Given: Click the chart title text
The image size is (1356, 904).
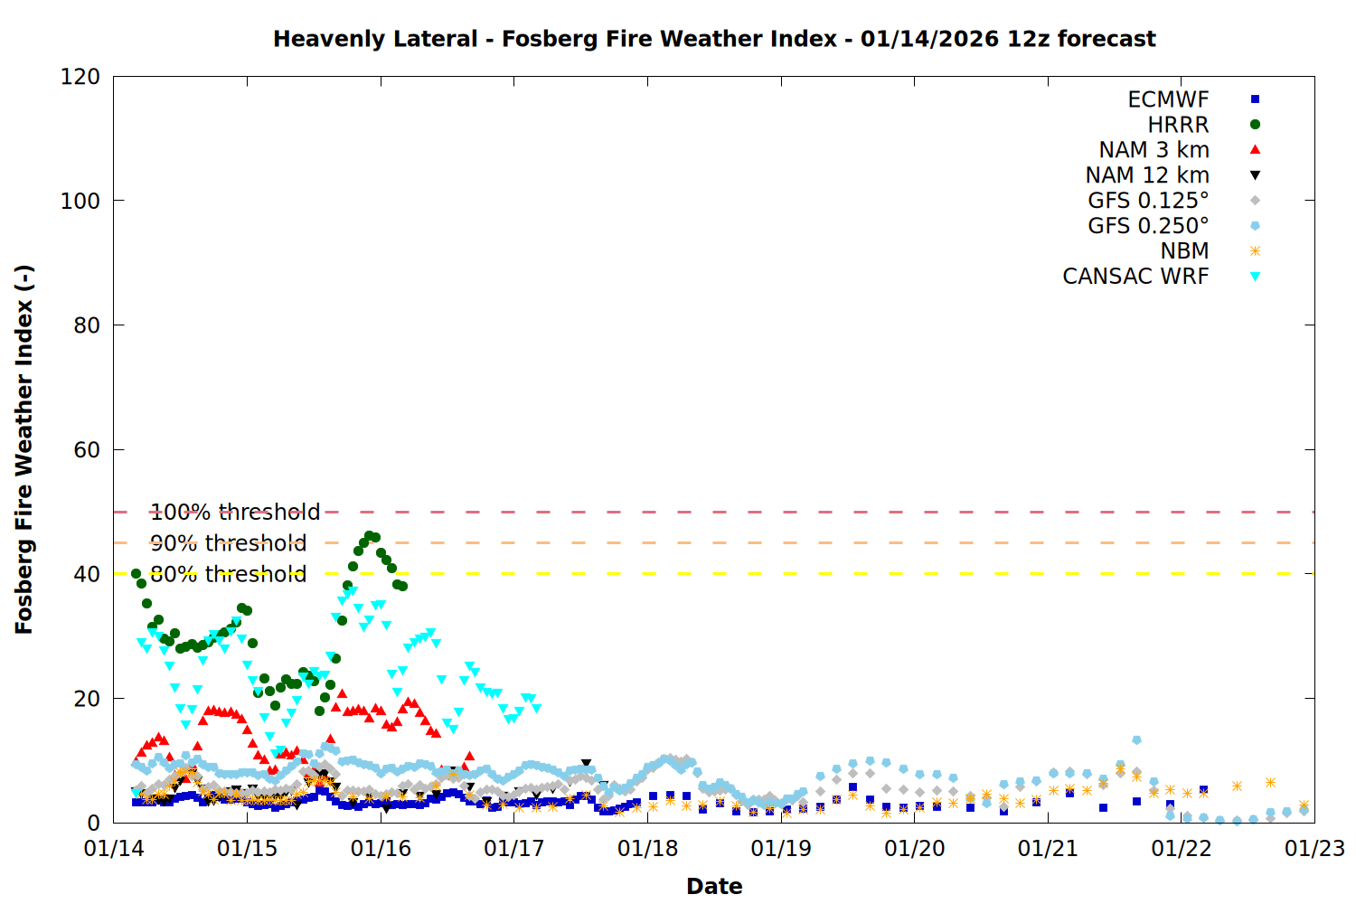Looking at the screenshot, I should tap(714, 39).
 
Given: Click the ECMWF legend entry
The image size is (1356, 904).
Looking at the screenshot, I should tap(1168, 99).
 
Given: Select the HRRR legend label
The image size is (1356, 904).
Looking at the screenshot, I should tap(1178, 125).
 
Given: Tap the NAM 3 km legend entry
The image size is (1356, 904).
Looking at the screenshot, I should tap(1154, 150).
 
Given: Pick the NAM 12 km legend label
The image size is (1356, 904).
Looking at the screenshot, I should tap(1147, 175).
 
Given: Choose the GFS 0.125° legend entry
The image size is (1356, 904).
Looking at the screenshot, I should tap(1148, 201).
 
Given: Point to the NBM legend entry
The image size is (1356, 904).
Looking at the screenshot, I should tap(1184, 251).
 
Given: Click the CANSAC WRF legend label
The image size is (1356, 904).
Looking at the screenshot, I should tap(1135, 277).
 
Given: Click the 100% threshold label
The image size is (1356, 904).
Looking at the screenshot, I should tap(235, 513).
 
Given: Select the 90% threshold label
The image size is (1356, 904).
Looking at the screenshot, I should tap(228, 543).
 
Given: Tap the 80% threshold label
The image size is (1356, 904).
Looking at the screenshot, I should tap(228, 574).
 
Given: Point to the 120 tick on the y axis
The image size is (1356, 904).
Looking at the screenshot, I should tap(80, 77).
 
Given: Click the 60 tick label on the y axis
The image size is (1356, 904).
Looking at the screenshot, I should tap(87, 450).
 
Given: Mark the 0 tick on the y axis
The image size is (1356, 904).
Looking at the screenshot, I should tap(94, 823).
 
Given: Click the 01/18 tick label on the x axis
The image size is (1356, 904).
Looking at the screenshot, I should tap(647, 849).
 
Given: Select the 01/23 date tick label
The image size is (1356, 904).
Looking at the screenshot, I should tap(1314, 849).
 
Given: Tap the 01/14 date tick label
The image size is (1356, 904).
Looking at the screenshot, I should tap(114, 849).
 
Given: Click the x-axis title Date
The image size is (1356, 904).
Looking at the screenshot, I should tap(714, 886).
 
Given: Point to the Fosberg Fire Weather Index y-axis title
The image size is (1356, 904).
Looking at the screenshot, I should tap(24, 449).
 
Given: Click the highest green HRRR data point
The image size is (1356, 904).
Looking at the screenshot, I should tap(369, 536).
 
